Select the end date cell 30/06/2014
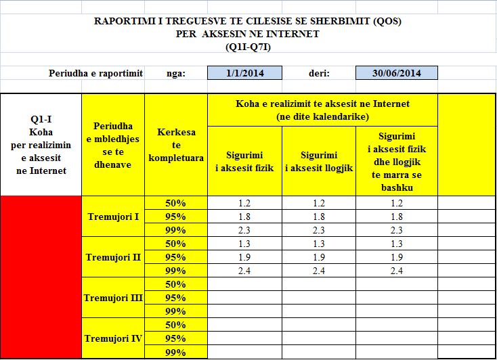pos(396,73)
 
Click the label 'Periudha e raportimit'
pos(95,73)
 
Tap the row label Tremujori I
pos(113,217)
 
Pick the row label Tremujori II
pos(113,257)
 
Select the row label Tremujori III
pos(113,298)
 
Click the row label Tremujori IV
pos(113,338)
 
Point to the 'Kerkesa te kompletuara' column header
pos(175,145)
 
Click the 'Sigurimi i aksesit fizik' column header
pos(244,161)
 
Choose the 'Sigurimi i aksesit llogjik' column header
pos(318,161)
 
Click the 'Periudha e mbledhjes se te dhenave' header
pos(113,145)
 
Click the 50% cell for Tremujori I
pos(175,203)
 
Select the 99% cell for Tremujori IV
pos(175,352)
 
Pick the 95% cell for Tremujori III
pos(175,298)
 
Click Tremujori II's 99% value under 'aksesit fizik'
pos(244,271)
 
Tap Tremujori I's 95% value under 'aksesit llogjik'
pos(318,217)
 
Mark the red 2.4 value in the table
pos(396,271)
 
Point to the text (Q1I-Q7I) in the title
pos(247,47)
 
